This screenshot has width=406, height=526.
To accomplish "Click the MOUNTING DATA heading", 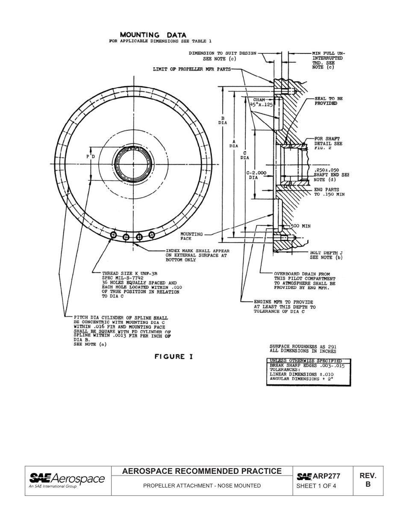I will click(153, 35).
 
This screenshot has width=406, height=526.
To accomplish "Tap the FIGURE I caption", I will click(174, 357).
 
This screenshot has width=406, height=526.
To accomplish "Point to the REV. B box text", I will click(368, 480).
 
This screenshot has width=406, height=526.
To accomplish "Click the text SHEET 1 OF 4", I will click(316, 486).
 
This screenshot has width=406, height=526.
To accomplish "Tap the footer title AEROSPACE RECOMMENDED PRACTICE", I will click(202, 471).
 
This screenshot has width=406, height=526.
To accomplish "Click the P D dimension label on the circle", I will click(91, 157).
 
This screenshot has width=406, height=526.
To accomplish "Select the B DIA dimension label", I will click(223, 120).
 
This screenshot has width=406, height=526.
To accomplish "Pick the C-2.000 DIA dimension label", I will click(257, 174).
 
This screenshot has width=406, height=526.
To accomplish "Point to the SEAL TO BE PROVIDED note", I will click(328, 101).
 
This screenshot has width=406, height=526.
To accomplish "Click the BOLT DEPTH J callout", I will click(326, 255).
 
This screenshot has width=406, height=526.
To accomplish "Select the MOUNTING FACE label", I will click(191, 236).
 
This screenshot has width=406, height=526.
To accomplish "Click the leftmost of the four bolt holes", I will click(114, 234).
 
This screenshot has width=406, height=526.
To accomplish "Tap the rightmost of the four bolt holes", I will click(152, 234).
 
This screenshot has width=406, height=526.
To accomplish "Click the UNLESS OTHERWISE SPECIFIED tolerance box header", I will click(309, 361).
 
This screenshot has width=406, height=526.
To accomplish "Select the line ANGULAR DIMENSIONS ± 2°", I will click(300, 379).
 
